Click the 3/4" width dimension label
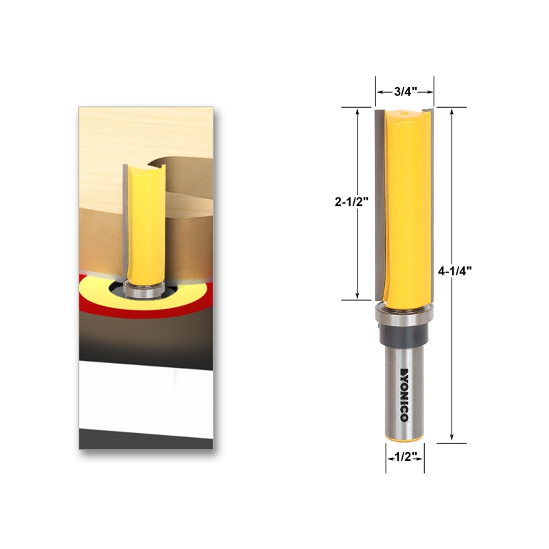405,90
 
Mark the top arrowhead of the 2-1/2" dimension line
357,110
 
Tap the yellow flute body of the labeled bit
406,206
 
